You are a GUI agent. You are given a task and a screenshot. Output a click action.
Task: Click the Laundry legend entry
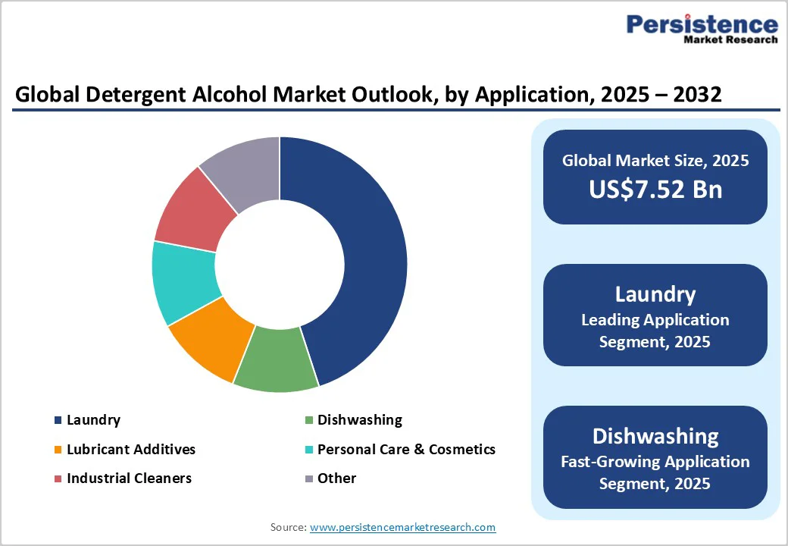93,420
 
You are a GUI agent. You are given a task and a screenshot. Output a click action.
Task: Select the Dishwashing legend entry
359,420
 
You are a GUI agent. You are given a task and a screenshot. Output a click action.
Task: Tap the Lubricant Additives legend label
130,450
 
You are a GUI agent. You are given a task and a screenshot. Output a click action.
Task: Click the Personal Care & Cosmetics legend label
406,450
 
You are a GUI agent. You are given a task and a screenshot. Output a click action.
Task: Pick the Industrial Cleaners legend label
129,479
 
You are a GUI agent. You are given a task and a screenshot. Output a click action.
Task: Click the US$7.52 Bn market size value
655,190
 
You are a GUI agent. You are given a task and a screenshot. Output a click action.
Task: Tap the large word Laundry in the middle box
655,294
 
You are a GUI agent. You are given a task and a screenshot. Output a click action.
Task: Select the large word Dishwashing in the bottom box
655,436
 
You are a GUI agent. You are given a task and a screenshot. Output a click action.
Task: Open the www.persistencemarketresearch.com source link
402,527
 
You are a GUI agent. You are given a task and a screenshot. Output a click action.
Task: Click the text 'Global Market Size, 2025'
655,161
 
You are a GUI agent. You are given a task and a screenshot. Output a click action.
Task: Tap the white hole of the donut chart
280,265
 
